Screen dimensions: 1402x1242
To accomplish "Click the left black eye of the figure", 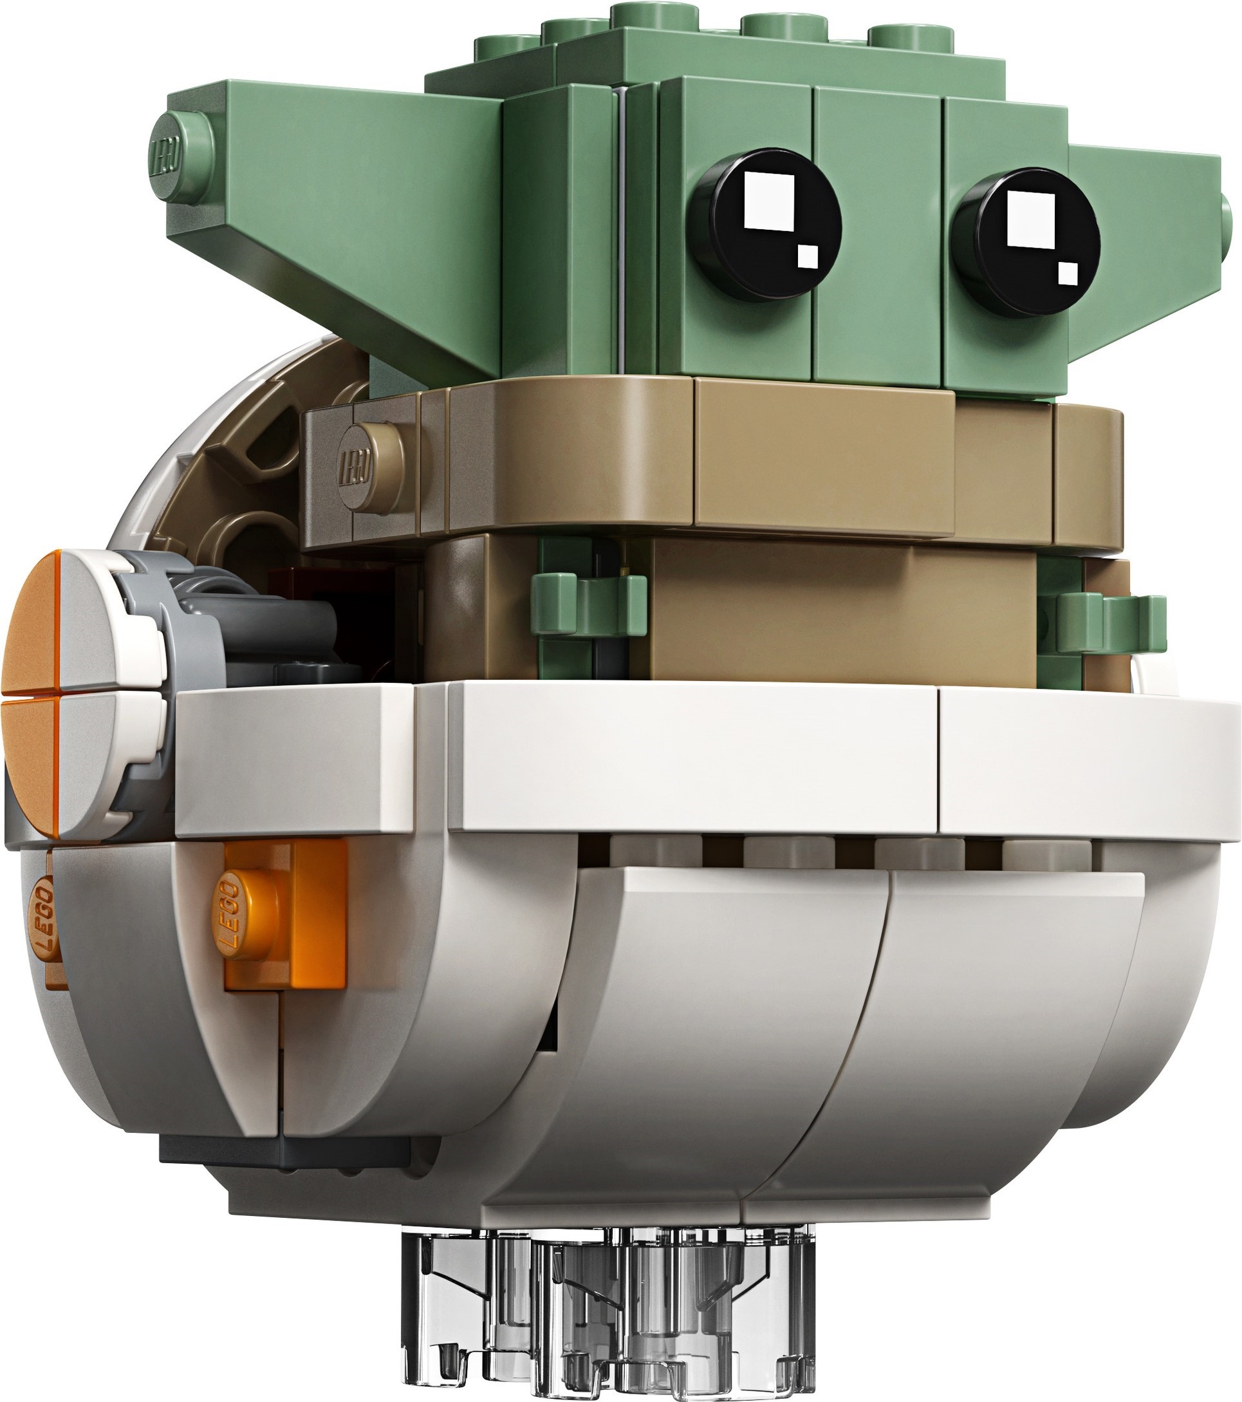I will coord(766,224).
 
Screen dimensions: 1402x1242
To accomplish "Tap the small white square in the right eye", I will coord(1068,273).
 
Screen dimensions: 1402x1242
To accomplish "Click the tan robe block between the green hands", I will coord(837,610).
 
